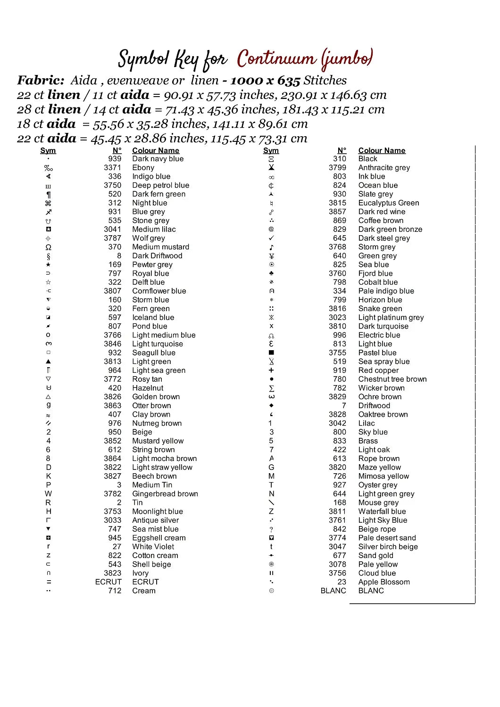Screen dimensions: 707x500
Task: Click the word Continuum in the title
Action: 276,58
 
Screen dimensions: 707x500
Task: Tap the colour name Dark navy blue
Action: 158,159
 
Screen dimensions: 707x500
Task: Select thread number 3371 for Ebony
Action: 112,168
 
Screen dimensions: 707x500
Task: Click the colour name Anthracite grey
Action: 384,168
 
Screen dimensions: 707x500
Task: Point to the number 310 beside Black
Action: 339,159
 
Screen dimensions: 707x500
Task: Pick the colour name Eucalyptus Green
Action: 388,203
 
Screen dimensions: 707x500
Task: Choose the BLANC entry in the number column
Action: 333,591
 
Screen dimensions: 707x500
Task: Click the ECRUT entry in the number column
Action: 108,582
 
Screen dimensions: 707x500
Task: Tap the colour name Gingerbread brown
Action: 165,494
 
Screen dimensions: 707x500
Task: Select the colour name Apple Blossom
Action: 383,582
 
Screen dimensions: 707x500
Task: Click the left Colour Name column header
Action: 155,150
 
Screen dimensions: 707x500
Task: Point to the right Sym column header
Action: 271,150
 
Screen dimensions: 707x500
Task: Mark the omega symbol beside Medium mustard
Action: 48,247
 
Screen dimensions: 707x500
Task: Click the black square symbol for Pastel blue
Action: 271,353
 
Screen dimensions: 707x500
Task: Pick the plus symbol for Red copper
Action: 271,370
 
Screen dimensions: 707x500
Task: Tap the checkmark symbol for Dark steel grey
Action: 271,238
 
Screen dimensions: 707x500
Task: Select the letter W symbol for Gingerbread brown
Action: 48,494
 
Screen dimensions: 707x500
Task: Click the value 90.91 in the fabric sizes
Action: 178,95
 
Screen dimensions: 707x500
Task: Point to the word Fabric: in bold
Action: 41,81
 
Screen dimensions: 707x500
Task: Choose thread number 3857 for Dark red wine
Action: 337,212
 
